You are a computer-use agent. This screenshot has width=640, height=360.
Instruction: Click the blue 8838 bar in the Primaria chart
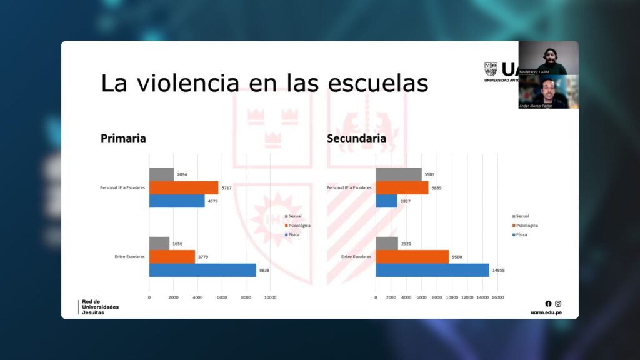pyautogui.click(x=202, y=270)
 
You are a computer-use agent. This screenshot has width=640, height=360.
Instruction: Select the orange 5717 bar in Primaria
pyautogui.click(x=184, y=187)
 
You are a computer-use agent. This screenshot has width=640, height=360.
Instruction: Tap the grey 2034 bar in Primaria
pyautogui.click(x=161, y=174)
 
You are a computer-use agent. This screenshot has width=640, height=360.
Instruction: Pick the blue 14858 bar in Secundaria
pyautogui.click(x=432, y=270)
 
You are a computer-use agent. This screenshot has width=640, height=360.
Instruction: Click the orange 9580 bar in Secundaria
pyautogui.click(x=412, y=256)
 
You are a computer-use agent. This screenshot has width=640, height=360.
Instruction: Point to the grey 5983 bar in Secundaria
pyautogui.click(x=399, y=174)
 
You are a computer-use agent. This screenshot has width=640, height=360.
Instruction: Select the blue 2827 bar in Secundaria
pyautogui.click(x=386, y=201)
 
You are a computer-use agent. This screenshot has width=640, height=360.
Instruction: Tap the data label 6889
pyautogui.click(x=437, y=187)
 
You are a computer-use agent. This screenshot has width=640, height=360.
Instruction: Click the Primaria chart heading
pyautogui.click(x=123, y=138)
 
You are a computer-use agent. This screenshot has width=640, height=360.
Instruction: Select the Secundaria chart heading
pyautogui.click(x=356, y=138)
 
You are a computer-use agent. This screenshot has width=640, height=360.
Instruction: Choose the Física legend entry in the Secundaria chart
pyautogui.click(x=521, y=234)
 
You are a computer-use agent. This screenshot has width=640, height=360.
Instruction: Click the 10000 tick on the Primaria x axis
pyautogui.click(x=270, y=297)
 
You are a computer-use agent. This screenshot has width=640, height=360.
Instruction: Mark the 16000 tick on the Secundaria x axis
pyautogui.click(x=497, y=297)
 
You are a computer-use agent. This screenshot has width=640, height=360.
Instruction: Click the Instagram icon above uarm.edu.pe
pyautogui.click(x=558, y=304)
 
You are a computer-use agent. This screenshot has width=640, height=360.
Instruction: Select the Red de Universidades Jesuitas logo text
pyautogui.click(x=100, y=307)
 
